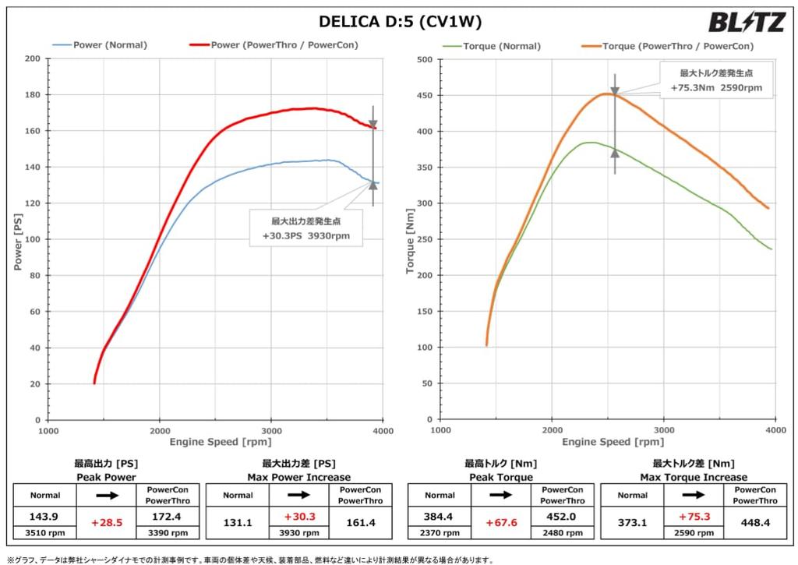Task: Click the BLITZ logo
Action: pyautogui.click(x=746, y=23)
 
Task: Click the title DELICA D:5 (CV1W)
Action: pyautogui.click(x=400, y=23)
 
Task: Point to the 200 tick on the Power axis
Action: pyautogui.click(x=33, y=58)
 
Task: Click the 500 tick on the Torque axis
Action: pyautogui.click(x=424, y=59)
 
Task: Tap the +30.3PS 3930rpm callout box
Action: pyautogui.click(x=305, y=228)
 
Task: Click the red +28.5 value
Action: pyautogui.click(x=106, y=523)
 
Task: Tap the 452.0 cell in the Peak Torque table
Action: pyautogui.click(x=563, y=516)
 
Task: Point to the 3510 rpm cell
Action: pyautogui.click(x=45, y=533)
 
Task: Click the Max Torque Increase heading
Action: pyautogui.click(x=694, y=477)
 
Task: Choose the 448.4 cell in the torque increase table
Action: pyautogui.click(x=756, y=523)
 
